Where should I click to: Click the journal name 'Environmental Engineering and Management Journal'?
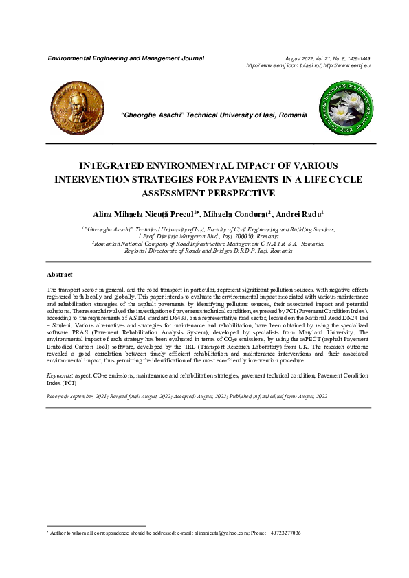(125, 59)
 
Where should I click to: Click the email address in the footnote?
(214, 533)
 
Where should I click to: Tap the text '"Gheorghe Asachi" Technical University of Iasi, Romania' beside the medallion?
(214, 115)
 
